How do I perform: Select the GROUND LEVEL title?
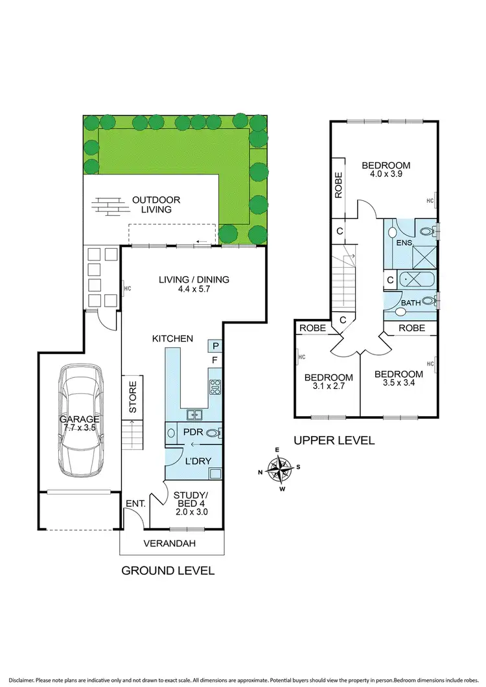click(168, 571)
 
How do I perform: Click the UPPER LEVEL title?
click(334, 440)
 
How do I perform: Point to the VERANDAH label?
click(169, 543)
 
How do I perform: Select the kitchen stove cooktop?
click(215, 387)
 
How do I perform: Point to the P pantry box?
click(214, 346)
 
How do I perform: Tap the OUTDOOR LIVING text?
click(156, 205)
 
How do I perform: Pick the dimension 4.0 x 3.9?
click(386, 174)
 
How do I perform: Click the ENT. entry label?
click(135, 503)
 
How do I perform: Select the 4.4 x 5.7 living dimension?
click(194, 290)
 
